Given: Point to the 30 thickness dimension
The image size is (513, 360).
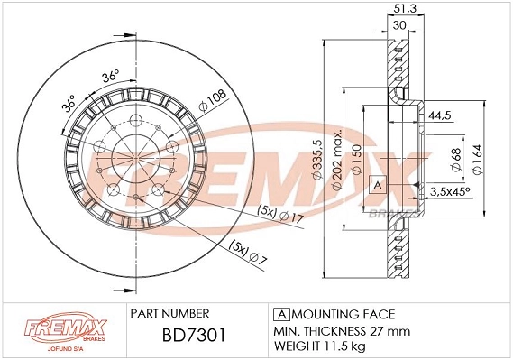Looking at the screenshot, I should point(398,25).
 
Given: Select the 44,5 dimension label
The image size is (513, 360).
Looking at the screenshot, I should point(440,116).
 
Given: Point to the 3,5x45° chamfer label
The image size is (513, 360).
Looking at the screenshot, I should point(448,192).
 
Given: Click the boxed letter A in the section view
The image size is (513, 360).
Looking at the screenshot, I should point(377,185).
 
